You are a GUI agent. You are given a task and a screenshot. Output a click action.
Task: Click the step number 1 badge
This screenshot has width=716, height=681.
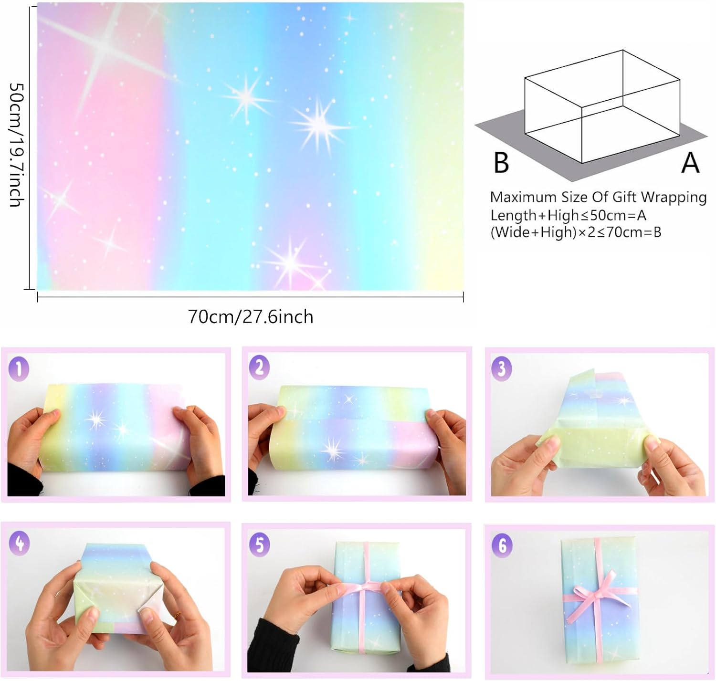coord(19,369)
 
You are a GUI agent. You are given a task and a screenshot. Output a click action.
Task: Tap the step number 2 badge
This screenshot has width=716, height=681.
coord(259,368)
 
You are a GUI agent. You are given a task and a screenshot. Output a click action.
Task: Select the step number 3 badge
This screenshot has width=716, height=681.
coord(501,369)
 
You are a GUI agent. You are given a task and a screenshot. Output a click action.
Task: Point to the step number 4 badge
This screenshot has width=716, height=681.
coord(19,543)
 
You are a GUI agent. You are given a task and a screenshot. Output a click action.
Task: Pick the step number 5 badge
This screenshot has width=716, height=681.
coord(259,545)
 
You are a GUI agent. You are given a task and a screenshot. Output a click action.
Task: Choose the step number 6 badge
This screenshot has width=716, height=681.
coord(502,545)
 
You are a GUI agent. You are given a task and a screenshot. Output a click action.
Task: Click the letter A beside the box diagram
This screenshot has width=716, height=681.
coord(690,163)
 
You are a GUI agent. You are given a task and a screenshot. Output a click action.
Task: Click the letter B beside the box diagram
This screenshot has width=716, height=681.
coord(501,163)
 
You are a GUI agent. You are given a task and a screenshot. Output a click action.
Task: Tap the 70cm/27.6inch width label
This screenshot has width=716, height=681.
coord(250,317)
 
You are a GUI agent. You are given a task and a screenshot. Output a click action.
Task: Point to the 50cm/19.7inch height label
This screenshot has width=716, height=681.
coord(17,145)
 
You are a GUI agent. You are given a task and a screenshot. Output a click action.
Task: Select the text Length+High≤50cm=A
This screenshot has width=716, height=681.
coord(568,215)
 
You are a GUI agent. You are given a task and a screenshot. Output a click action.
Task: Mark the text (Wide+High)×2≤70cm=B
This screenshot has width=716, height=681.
coord(575,232)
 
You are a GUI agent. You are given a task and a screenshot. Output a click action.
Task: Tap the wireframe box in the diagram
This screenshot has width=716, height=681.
coord(601,107)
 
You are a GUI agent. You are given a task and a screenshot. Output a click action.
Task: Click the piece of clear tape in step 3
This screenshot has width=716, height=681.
coord(599,393)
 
